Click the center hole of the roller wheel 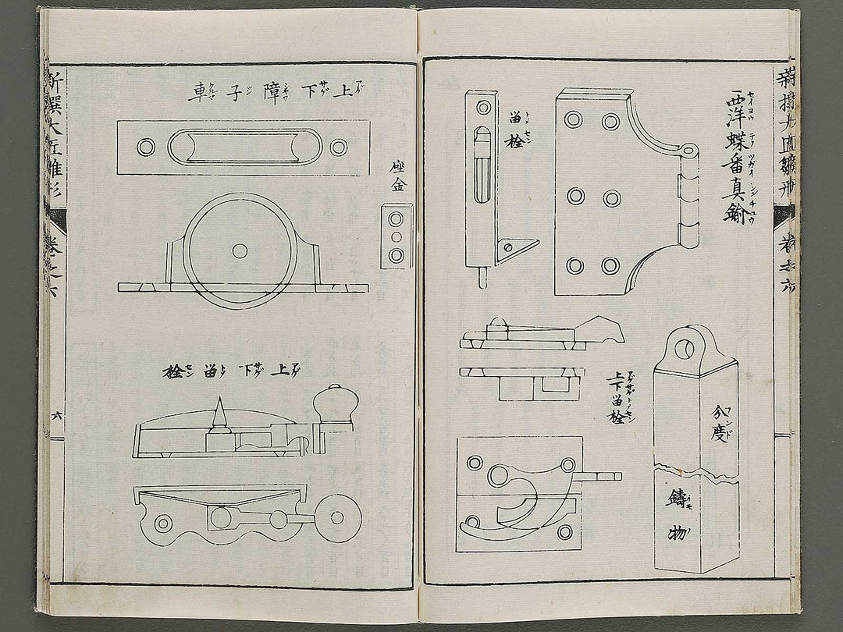(x=240, y=250)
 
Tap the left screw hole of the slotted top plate (x=146, y=147)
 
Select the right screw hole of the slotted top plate (x=338, y=147)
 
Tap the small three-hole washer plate (x=396, y=236)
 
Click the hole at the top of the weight (x=685, y=348)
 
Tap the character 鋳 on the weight (x=676, y=498)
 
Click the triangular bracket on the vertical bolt (x=515, y=248)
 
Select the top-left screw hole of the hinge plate (x=574, y=120)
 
